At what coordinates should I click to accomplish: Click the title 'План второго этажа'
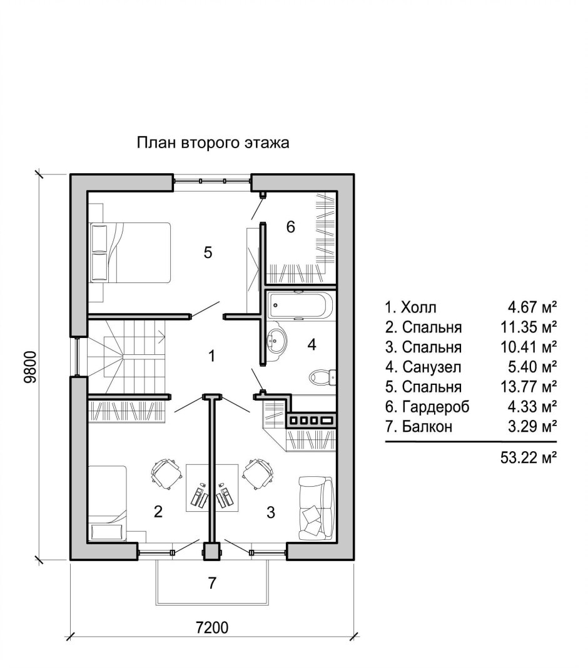[x=213, y=143]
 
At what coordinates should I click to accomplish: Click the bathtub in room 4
[x=298, y=306]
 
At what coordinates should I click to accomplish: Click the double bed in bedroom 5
[x=130, y=252]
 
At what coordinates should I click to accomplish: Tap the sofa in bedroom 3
[x=315, y=507]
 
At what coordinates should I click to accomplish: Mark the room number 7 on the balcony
[x=212, y=583]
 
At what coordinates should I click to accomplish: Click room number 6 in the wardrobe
[x=290, y=227]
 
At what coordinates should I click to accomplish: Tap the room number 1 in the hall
[x=212, y=356]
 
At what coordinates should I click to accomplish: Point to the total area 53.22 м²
[x=529, y=457]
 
